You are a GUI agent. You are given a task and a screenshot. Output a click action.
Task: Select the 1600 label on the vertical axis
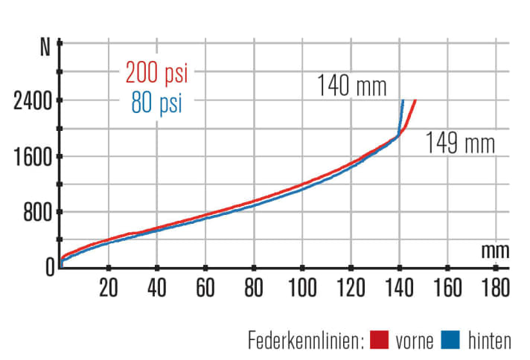[31, 157]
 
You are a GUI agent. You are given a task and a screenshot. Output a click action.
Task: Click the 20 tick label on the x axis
[109, 286]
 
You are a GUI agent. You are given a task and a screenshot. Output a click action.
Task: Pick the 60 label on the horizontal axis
[205, 286]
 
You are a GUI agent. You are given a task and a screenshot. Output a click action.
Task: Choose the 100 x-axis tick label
[301, 286]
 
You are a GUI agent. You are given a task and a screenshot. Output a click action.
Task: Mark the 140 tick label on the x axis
[398, 286]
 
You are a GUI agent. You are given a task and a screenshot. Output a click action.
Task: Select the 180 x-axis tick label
[495, 286]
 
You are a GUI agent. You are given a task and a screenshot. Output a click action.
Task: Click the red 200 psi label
[156, 74]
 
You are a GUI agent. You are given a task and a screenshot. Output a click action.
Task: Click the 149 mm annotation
[459, 143]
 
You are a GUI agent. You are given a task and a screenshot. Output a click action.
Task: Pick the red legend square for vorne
[381, 341]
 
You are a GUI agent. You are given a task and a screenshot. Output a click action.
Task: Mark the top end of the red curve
[415, 100]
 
